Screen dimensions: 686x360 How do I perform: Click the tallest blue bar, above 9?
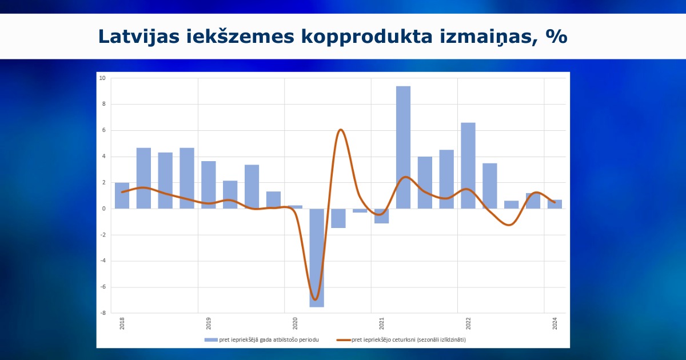[x=403, y=147]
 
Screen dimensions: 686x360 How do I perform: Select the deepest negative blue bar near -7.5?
[x=317, y=258]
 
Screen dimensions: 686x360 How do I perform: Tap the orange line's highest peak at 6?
[x=341, y=130]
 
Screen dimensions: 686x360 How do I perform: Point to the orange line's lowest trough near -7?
[x=316, y=299]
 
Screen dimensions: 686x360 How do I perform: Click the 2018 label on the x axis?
[x=122, y=323]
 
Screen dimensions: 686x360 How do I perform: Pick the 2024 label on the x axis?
[x=555, y=323]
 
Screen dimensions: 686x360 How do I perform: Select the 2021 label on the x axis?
[x=382, y=323]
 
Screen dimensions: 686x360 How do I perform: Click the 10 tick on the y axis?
[x=102, y=78]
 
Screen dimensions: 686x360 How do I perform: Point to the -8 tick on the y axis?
[x=102, y=313]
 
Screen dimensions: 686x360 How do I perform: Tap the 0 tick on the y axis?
[x=104, y=209]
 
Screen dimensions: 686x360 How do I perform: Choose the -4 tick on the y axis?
[x=102, y=261]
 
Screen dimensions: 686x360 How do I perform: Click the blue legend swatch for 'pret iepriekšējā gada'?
[x=211, y=340]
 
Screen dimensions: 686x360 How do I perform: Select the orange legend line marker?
[x=344, y=340]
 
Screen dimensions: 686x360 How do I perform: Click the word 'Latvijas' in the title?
[x=139, y=37]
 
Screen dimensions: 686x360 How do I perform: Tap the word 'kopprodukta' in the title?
[x=366, y=37]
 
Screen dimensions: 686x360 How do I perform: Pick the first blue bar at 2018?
[x=122, y=195]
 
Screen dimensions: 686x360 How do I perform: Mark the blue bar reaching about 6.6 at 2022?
[x=468, y=166]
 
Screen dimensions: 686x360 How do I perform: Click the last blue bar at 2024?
[x=555, y=204]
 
